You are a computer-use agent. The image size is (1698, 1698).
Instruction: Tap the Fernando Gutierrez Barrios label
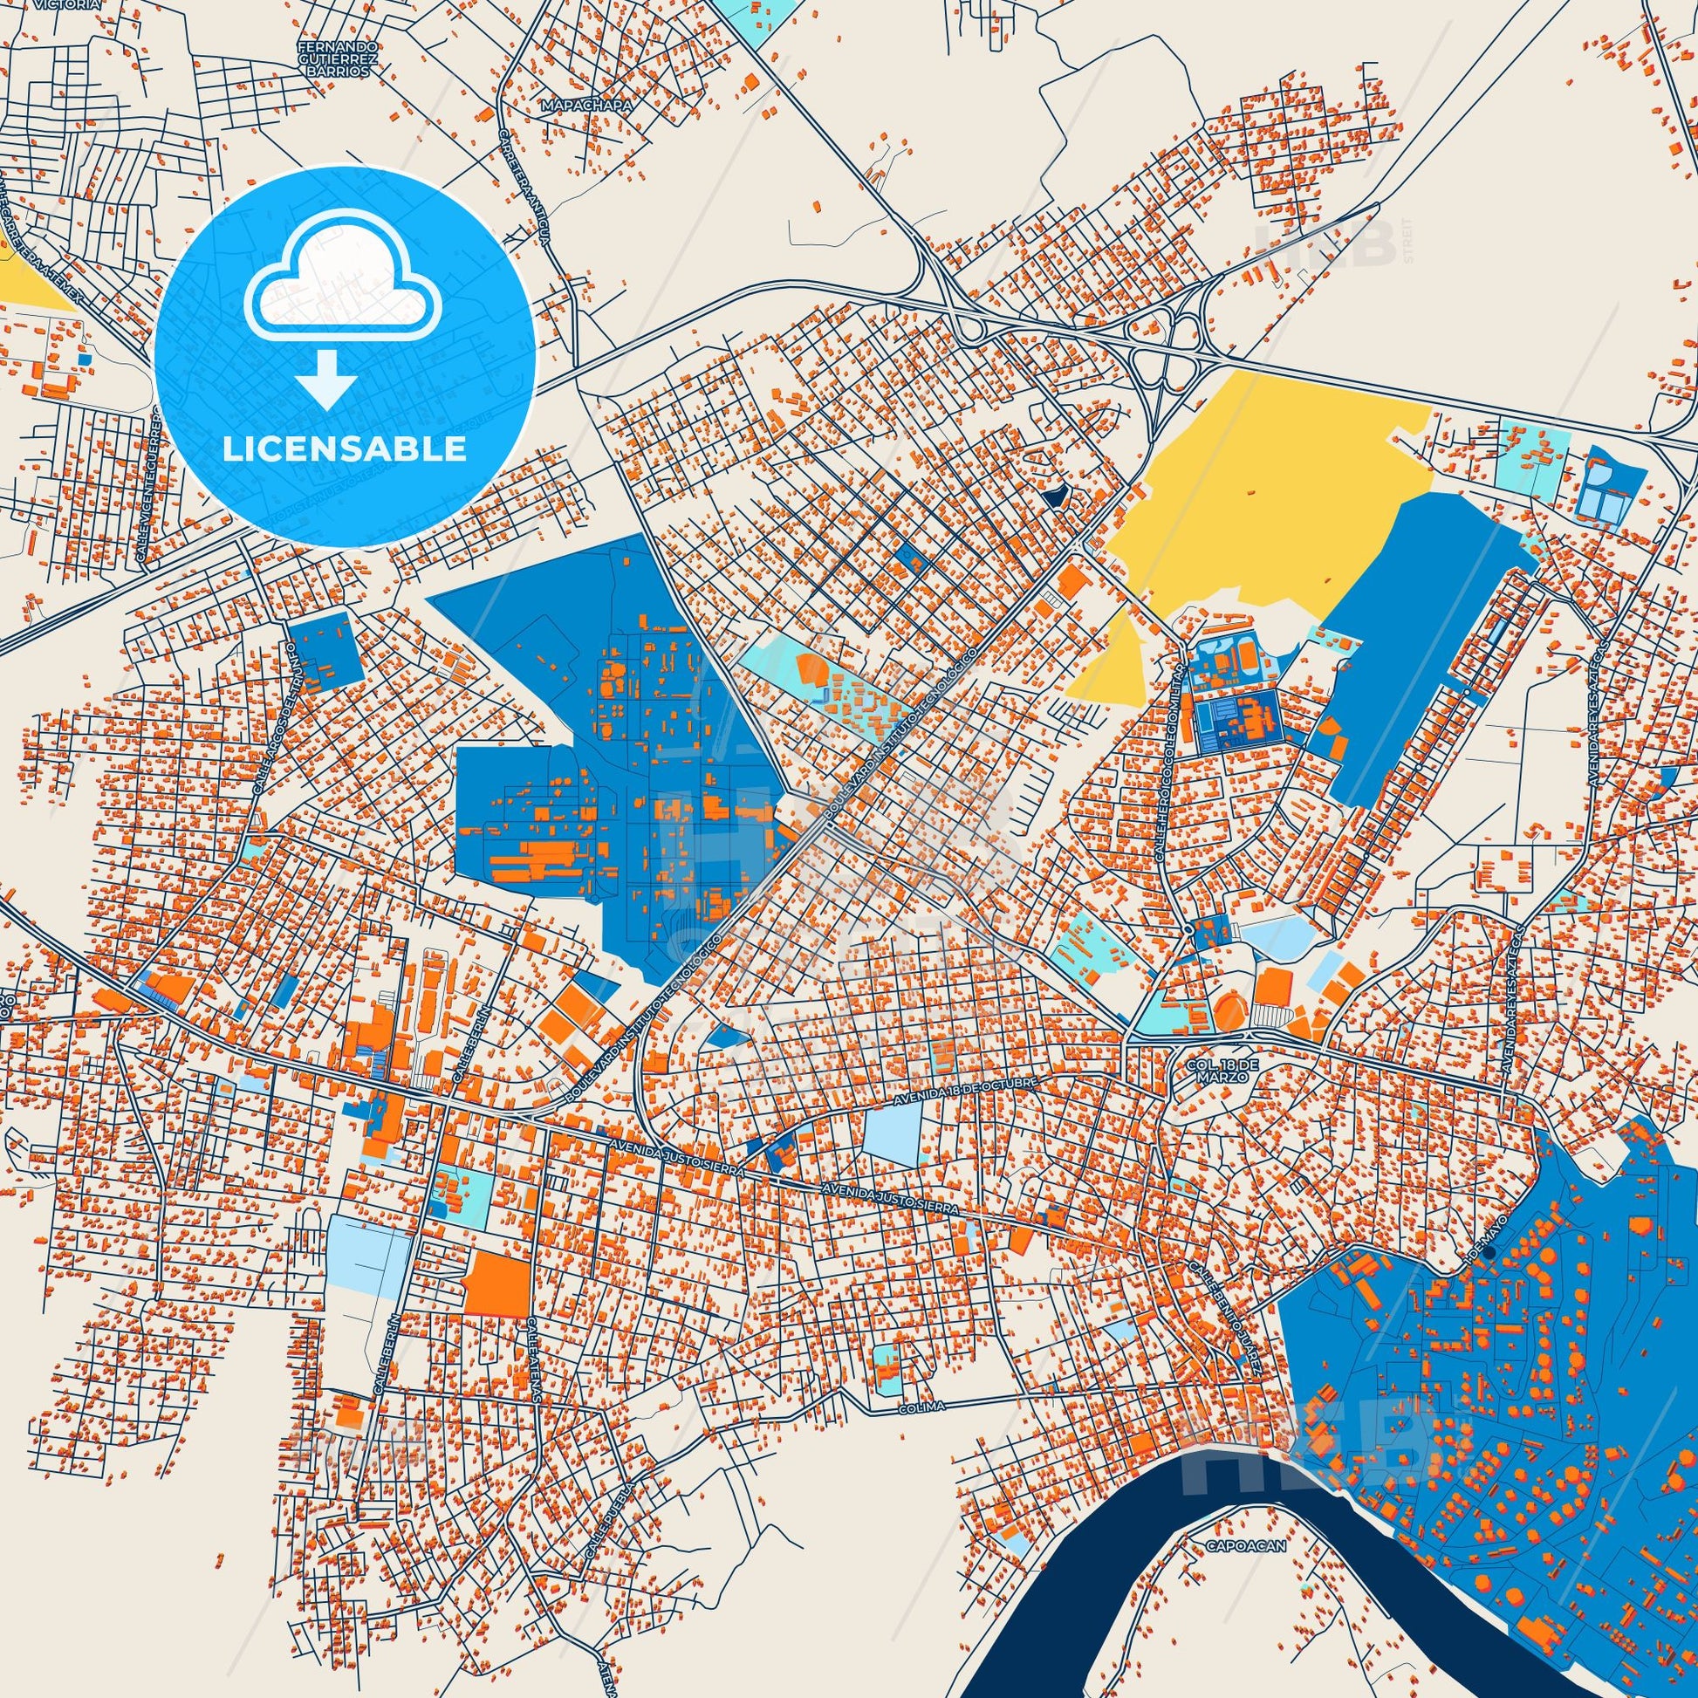pyautogui.click(x=339, y=58)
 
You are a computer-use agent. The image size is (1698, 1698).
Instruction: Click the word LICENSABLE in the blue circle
pyautogui.click(x=345, y=449)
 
